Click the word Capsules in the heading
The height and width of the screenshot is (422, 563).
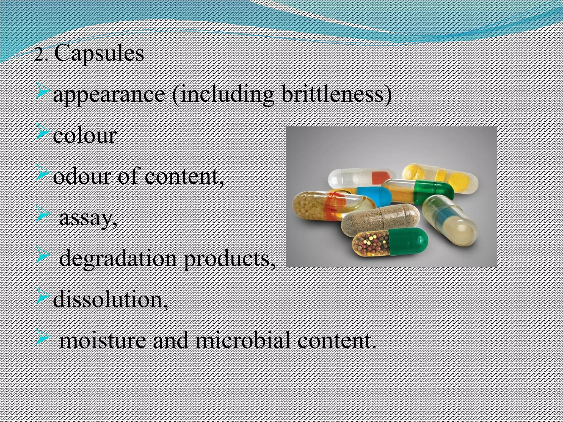(99, 54)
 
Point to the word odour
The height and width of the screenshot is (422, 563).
(81, 177)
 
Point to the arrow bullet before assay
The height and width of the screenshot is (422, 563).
(43, 215)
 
